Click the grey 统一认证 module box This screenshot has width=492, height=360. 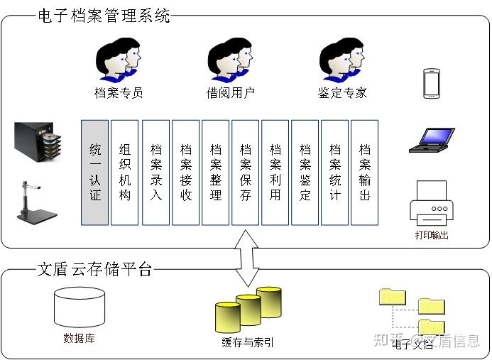tap(95, 173)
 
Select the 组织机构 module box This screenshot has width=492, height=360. tap(125, 173)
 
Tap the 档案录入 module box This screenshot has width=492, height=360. tap(155, 173)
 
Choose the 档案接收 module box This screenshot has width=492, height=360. tap(185, 173)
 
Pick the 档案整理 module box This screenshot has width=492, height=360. tap(215, 173)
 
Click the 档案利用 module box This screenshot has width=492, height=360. tap(275, 173)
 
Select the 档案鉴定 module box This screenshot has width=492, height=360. tap(305, 173)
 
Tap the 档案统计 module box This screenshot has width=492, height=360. tap(334, 173)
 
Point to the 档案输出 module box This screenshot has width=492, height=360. tap(364, 173)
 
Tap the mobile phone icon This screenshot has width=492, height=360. tap(431, 83)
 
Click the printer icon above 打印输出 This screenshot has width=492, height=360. tap(431, 203)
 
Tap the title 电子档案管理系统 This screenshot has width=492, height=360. tap(104, 16)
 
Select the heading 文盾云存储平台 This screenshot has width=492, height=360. tap(94, 270)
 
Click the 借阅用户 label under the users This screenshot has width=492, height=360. tap(230, 93)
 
